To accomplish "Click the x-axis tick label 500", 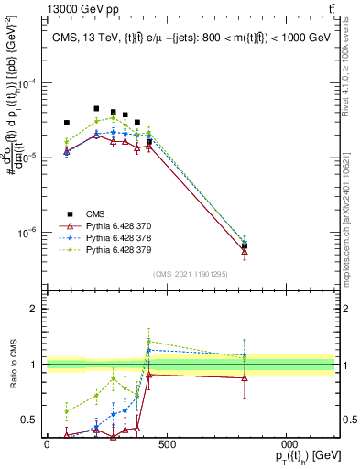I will tap(167, 443).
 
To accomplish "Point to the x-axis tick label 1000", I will tap(286, 443).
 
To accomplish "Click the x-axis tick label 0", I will tap(47, 443).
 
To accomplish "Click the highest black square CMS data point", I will tap(96, 108).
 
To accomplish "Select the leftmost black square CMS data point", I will tap(66, 123).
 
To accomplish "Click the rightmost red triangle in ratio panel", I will tap(245, 377).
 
